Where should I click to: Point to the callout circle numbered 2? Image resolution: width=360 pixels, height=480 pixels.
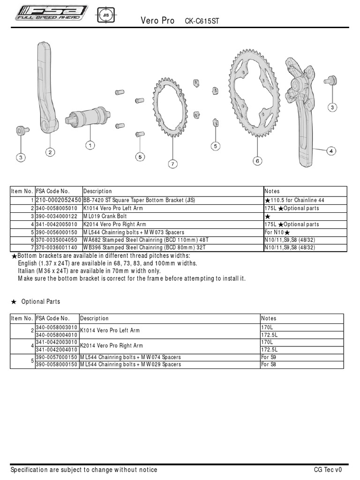coord(50,151)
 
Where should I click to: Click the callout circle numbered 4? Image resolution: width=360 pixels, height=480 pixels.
coord(331,151)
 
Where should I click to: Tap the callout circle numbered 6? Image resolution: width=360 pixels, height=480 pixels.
coord(257,161)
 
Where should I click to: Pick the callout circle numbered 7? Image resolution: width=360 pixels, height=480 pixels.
coord(172,164)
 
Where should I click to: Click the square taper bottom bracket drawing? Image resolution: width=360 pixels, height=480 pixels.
coord(88,116)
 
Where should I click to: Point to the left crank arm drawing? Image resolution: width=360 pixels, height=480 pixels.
coord(49,89)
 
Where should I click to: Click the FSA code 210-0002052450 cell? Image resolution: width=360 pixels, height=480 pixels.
coord(58,200)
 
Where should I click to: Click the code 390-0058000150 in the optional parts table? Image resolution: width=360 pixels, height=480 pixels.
coord(56,364)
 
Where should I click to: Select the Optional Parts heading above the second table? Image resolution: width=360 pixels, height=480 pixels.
coord(40,302)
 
